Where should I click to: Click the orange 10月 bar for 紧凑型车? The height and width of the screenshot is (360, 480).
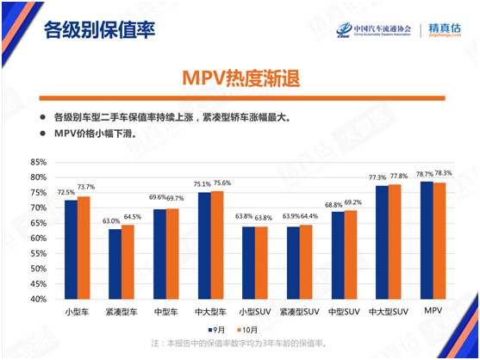tap(128, 262)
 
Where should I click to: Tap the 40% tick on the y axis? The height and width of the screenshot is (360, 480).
tap(37, 299)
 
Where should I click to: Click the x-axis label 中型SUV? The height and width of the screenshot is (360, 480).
tap(343, 310)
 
